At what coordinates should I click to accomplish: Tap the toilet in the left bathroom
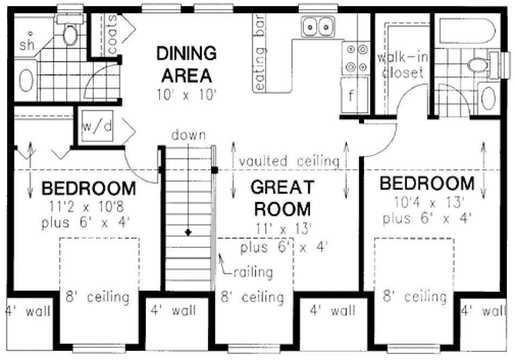pos(70,33)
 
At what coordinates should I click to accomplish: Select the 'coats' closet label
pos(112,34)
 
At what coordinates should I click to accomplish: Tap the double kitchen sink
pos(317,25)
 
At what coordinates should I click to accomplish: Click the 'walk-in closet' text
pos(401,65)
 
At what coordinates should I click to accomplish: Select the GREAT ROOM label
pos(282,198)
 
